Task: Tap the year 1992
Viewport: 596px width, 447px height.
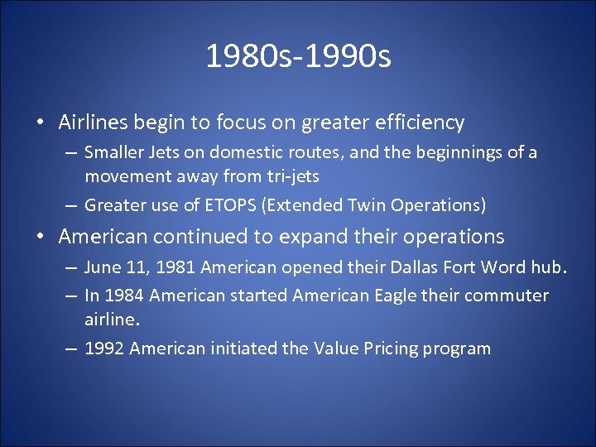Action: pyautogui.click(x=104, y=348)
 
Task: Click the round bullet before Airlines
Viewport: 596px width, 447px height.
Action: pyautogui.click(x=41, y=123)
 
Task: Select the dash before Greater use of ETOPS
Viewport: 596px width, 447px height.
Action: pyautogui.click(x=71, y=205)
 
